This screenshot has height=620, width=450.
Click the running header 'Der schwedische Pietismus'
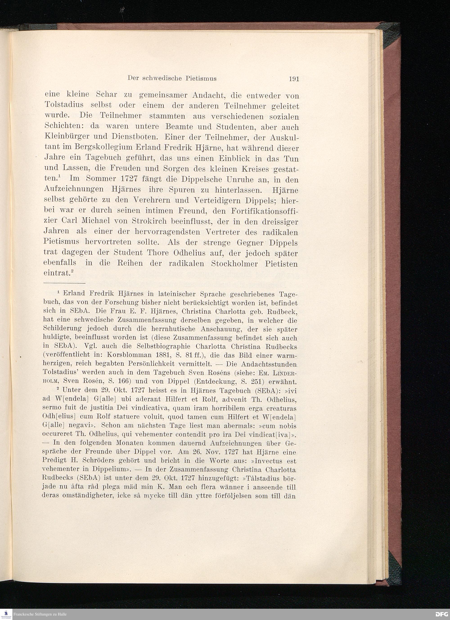(x=172, y=79)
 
